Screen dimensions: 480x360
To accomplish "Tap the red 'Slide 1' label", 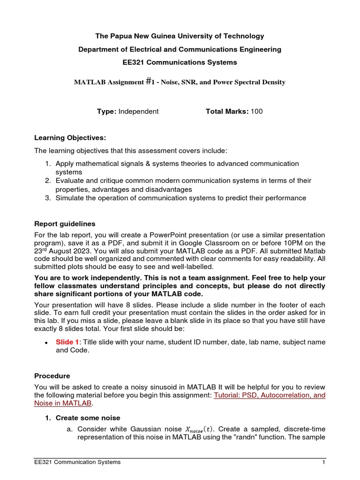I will pos(67,342).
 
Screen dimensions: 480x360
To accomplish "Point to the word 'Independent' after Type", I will pos(138,111).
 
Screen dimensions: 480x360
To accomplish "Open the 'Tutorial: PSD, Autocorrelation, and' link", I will pos(270,395).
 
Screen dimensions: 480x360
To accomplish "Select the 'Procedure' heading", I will pos(52,376).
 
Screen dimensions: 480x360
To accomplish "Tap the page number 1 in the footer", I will pos(323,462).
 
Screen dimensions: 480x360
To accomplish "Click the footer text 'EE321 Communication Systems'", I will pos(78,462).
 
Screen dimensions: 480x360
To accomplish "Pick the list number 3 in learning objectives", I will pos(48,198).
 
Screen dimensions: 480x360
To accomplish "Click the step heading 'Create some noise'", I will pos(88,418).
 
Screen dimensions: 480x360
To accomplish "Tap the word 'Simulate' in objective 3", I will pos(70,198).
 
